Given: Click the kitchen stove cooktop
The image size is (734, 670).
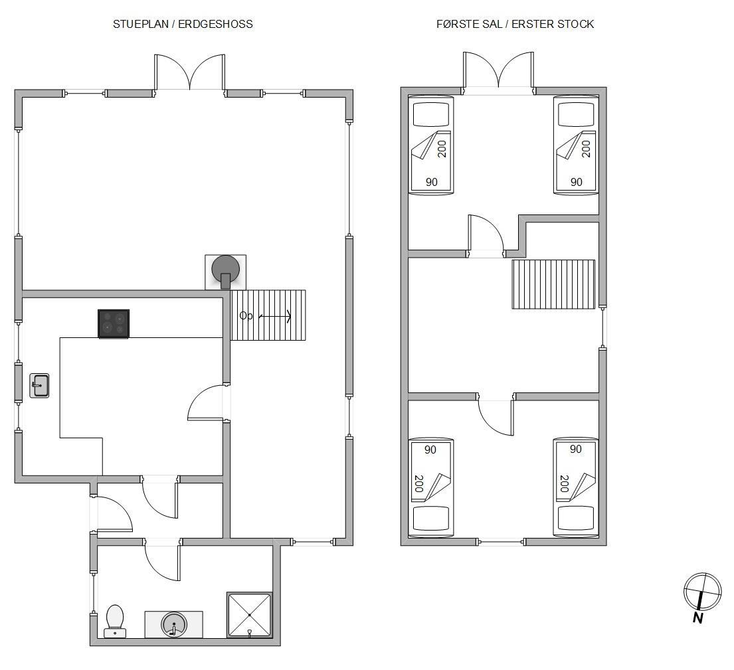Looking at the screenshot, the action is point(114,323).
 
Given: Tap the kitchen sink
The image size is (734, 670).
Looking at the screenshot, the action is point(39,386).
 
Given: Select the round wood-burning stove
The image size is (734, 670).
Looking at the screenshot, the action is point(226,269).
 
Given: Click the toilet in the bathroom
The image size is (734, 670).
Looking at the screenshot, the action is point(115,621).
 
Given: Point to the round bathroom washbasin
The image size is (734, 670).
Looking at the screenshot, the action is point(173,624).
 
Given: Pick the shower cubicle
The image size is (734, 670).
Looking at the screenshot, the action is point(250,615).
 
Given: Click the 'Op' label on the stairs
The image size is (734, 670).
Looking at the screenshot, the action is point(246,316).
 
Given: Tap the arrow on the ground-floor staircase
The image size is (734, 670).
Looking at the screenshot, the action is point(275,317).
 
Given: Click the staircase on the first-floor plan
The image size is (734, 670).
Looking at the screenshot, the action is point(554,284).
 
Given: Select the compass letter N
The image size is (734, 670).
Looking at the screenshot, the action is point(698,618).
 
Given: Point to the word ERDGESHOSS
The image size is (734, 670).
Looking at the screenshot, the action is point(215,25).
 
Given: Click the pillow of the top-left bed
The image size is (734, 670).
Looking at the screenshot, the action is point(431,115).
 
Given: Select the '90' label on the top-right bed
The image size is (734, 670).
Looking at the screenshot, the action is point(577,182).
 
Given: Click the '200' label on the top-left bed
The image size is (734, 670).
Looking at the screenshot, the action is point(442,149).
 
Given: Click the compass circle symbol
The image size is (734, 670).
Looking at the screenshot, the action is point(703,592).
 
